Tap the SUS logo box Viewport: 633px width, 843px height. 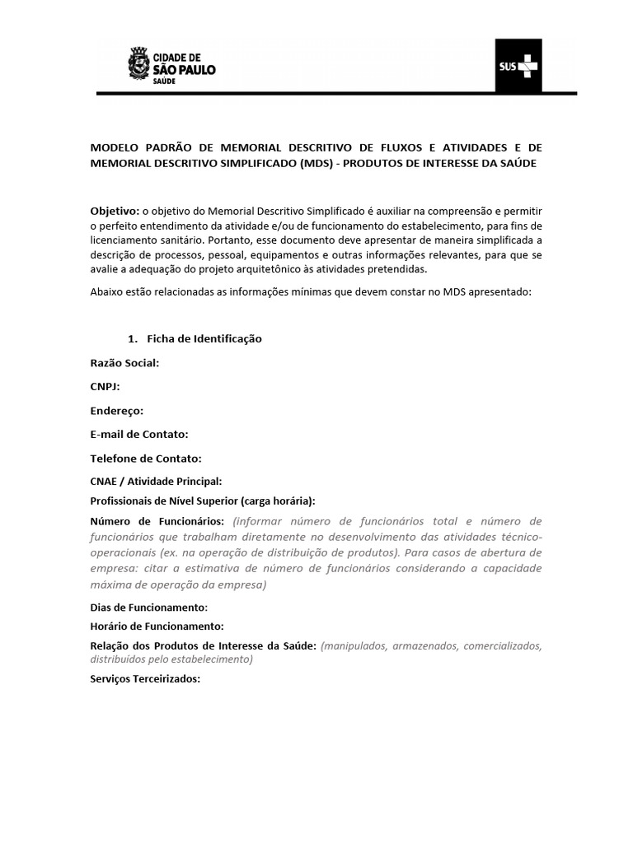pos(518,65)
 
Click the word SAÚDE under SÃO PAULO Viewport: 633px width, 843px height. pos(168,81)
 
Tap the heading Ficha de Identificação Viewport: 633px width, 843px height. pos(204,338)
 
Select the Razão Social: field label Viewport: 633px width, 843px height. pos(124,362)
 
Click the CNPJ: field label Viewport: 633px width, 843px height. pos(105,386)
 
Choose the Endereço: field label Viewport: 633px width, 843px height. pos(117,410)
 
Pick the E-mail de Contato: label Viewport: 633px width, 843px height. pos(139,434)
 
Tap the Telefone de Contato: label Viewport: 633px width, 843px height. pos(146,458)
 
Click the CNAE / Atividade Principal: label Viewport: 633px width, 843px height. pos(156,481)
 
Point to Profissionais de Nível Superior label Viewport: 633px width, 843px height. pos(203,501)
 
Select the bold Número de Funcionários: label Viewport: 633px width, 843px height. pos(157,521)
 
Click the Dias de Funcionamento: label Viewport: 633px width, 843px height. pos(148,607)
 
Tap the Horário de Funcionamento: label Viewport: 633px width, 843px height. pos(157,626)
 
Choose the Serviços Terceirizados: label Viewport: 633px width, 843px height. pos(145,679)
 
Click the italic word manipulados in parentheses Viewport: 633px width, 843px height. pos(355,646)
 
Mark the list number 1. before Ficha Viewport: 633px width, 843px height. pos(131,338)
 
